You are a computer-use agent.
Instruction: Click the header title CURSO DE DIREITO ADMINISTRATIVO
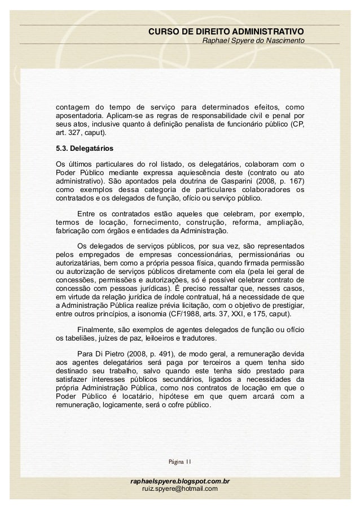[x=226, y=30]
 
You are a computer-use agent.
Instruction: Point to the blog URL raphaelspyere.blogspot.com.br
[x=180, y=480]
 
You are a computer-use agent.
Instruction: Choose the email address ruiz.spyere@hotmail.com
[x=180, y=488]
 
